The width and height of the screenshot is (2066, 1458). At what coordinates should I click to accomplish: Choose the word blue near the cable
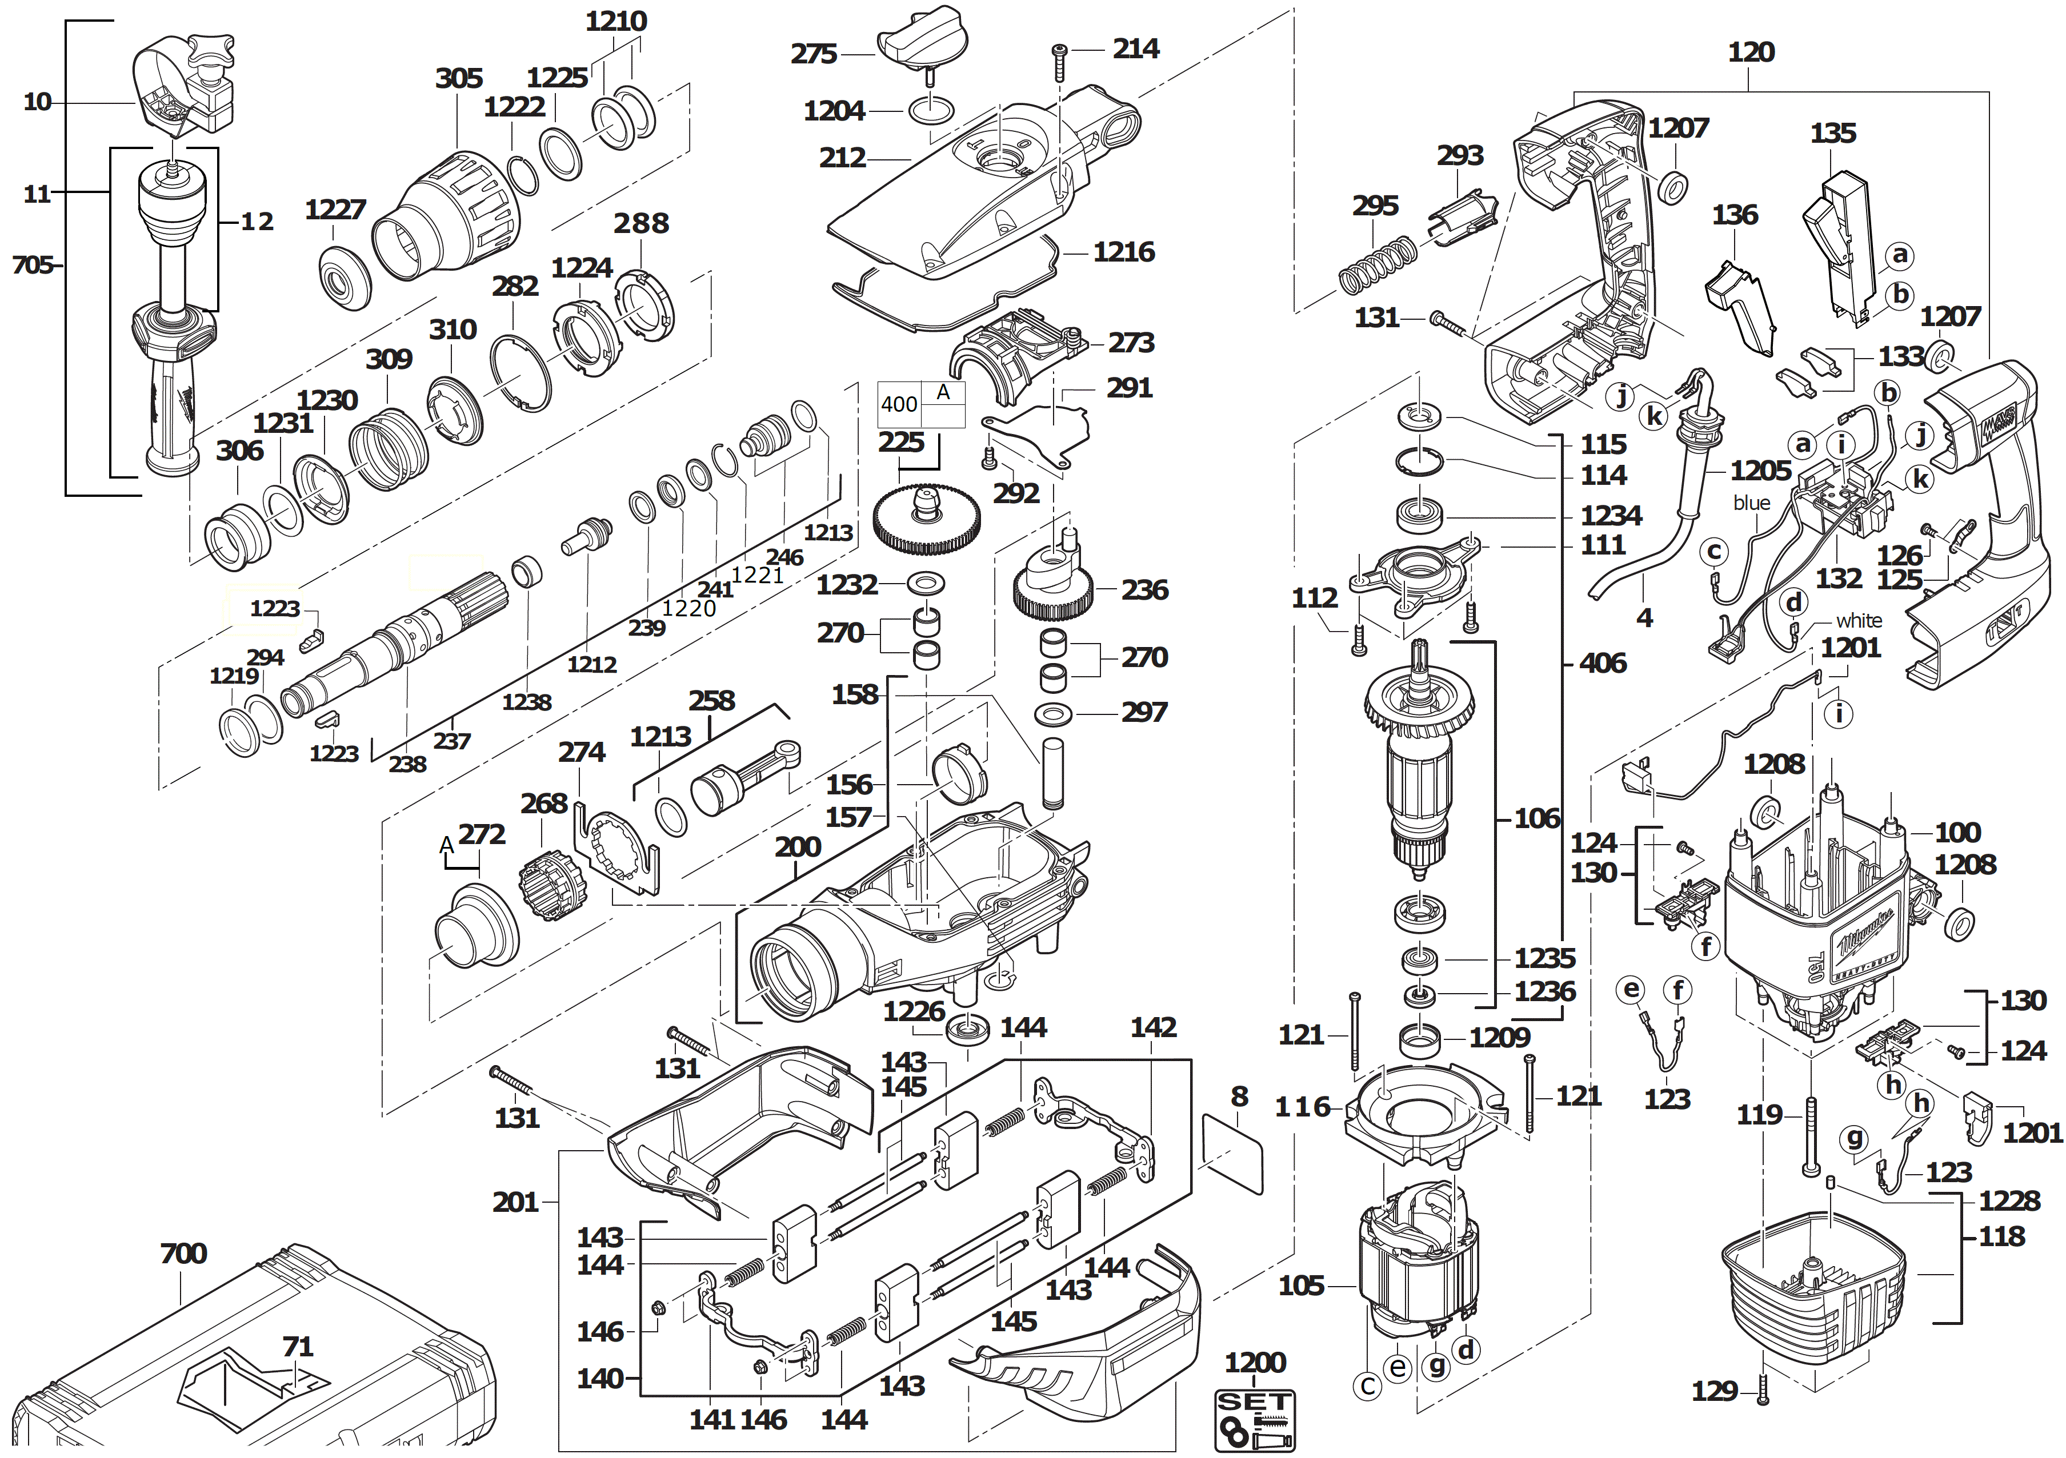pyautogui.click(x=1751, y=503)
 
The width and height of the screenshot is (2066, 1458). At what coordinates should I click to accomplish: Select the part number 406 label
pyautogui.click(x=1603, y=664)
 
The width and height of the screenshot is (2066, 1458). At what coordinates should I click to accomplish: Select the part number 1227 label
pyautogui.click(x=335, y=210)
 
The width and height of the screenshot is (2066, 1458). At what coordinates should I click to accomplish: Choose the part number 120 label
pyautogui.click(x=1750, y=52)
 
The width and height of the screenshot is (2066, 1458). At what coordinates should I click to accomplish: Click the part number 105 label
pyautogui.click(x=1301, y=1286)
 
